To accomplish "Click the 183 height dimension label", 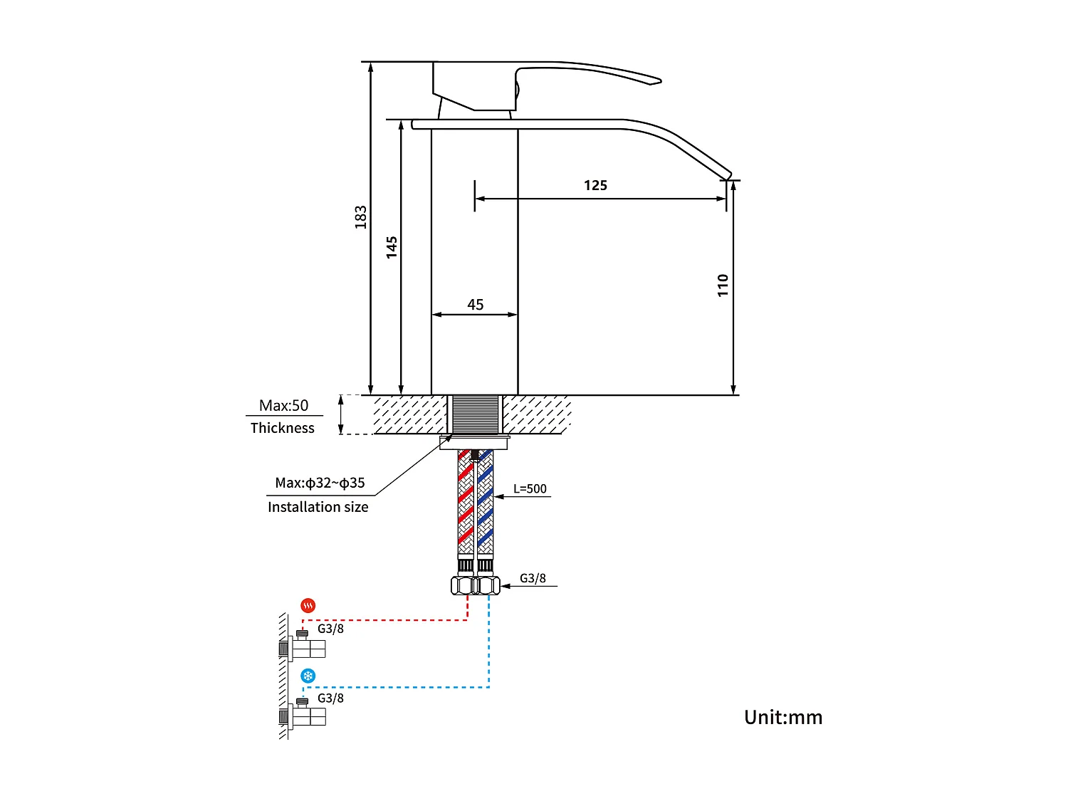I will (361, 217).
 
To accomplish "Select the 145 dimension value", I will (392, 247).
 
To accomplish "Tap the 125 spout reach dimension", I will (595, 186).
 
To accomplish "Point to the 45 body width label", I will (476, 305).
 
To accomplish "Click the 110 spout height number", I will (723, 285).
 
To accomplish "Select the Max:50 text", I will (283, 406).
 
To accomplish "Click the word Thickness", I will (283, 428).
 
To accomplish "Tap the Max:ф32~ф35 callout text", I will (320, 483).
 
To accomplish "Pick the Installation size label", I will (318, 507).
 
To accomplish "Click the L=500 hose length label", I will (530, 489).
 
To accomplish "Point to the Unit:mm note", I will (783, 717).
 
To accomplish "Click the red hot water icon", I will (308, 606).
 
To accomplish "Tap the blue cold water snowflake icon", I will (308, 676).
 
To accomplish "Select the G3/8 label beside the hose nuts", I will (533, 578).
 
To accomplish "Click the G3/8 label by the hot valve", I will (330, 629).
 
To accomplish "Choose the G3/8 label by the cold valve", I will (330, 698).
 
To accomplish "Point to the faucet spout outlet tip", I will (728, 175).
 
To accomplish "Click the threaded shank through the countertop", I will (475, 414).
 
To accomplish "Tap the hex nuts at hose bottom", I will (476, 585).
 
